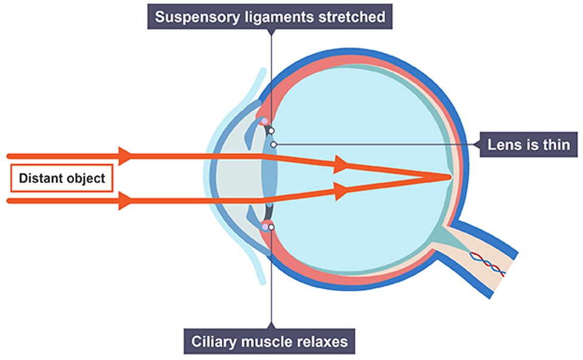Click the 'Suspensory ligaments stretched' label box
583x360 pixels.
click(270, 16)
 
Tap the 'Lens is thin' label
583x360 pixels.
click(529, 144)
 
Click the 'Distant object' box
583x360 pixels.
click(62, 178)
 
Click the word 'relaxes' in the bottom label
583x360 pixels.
click(322, 343)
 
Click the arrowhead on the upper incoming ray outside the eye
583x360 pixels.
click(125, 156)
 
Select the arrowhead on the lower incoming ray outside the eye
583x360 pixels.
click(125, 201)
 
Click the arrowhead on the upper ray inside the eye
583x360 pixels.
click(341, 163)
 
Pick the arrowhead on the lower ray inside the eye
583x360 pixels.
click(341, 191)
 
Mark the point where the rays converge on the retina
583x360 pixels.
click(449, 177)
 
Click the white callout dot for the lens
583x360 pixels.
click(273, 144)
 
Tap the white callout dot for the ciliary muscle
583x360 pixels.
click(272, 227)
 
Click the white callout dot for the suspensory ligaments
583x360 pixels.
click(271, 130)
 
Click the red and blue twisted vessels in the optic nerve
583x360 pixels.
click(489, 263)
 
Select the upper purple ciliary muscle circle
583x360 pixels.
click(264, 121)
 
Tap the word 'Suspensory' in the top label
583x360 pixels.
click(194, 16)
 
